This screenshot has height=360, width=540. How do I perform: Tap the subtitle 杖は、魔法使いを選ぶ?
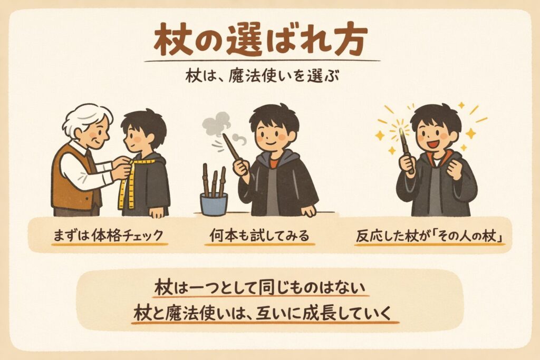click(262, 76)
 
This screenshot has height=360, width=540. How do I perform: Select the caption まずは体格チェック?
click(108, 236)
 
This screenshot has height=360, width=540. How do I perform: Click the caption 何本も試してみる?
click(259, 236)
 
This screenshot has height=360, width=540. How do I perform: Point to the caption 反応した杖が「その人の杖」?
click(429, 236)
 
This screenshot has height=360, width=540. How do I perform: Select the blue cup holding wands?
click(214, 205)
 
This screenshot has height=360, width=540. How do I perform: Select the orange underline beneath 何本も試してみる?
click(259, 245)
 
